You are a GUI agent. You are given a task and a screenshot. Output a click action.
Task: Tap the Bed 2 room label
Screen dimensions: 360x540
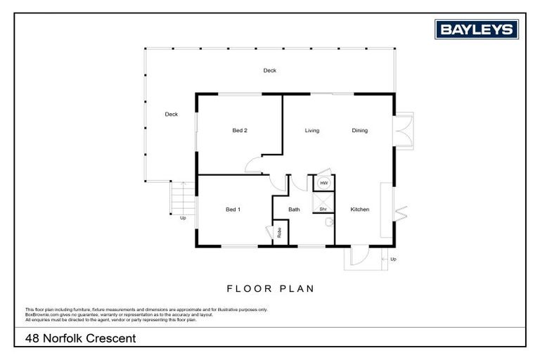[x=240, y=130]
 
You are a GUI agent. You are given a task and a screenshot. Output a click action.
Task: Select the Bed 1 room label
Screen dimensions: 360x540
[x=233, y=210]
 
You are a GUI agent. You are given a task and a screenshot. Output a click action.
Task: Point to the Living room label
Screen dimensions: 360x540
[x=312, y=130]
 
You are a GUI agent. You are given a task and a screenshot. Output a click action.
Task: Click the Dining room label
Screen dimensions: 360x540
[x=359, y=130]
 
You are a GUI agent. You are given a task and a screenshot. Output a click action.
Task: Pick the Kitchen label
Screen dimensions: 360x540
[x=360, y=210]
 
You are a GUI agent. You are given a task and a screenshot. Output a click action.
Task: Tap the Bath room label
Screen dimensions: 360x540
[x=294, y=210]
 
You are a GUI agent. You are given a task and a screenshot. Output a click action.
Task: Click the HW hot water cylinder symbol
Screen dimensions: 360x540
[x=324, y=183]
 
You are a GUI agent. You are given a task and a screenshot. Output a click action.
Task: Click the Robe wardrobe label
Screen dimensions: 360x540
[x=280, y=233]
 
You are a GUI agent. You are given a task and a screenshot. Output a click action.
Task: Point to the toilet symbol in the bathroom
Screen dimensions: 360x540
[x=329, y=223]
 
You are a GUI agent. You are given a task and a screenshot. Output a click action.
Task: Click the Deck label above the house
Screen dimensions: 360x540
[x=270, y=70]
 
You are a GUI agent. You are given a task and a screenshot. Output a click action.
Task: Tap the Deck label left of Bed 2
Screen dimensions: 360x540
[x=171, y=114]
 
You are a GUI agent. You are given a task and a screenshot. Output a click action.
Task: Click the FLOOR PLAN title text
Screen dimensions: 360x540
[x=270, y=288]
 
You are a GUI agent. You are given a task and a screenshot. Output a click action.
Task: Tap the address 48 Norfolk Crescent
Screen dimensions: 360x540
[x=80, y=338]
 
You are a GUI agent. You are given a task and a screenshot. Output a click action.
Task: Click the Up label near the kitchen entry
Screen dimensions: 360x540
[x=393, y=259]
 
